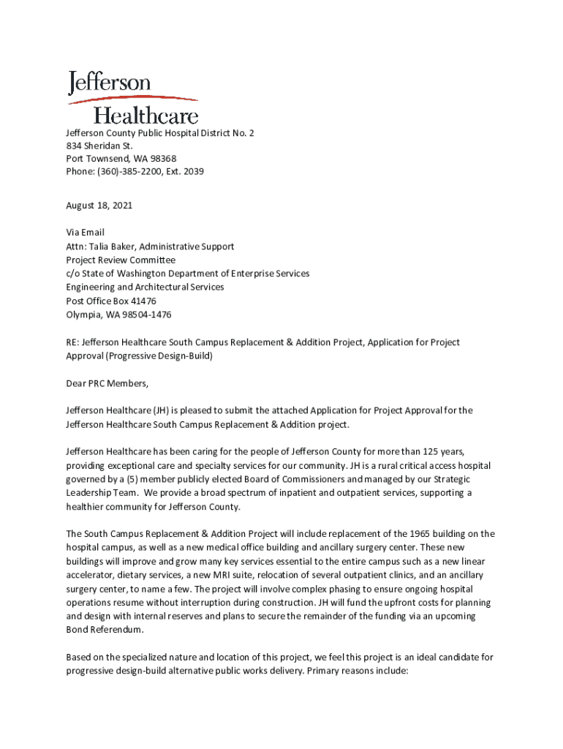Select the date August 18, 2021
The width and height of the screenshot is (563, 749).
pyautogui.click(x=99, y=206)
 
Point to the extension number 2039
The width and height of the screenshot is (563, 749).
pyautogui.click(x=192, y=172)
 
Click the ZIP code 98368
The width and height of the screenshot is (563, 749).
pyautogui.click(x=161, y=159)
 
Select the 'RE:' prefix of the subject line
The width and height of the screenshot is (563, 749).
pyautogui.click(x=72, y=342)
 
